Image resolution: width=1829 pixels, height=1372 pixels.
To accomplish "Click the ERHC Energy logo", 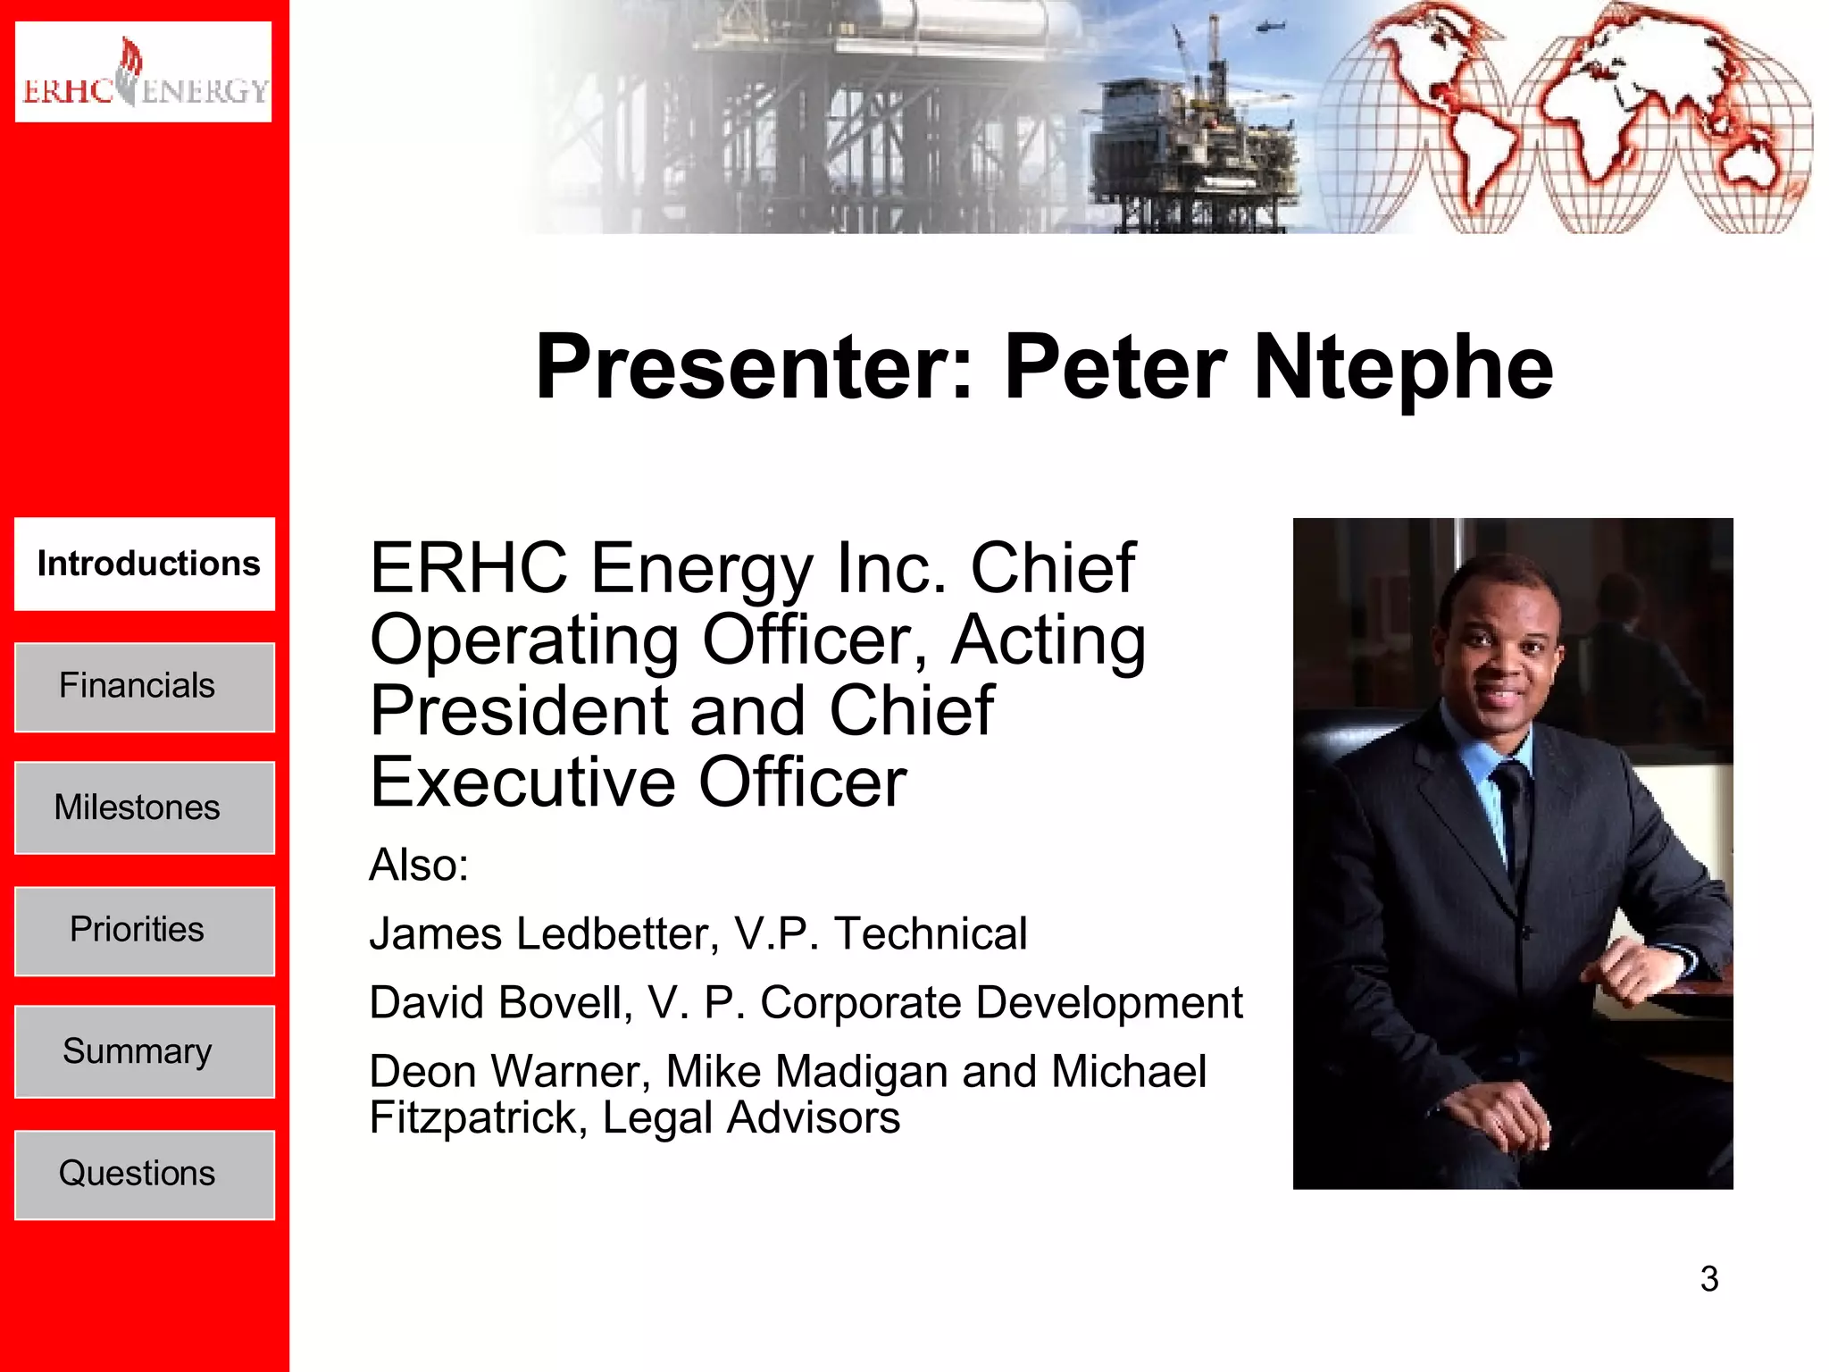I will (x=143, y=71).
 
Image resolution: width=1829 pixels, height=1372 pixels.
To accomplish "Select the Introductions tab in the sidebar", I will (x=145, y=564).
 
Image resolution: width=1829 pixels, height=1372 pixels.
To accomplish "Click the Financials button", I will (x=145, y=686).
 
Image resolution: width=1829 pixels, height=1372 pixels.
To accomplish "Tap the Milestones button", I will (x=145, y=807).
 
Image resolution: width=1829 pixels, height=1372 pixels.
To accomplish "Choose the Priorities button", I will (x=145, y=930).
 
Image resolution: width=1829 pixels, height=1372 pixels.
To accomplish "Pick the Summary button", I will (x=145, y=1051).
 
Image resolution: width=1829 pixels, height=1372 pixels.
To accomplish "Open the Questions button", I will (x=145, y=1174).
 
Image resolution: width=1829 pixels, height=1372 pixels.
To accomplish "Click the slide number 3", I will (x=1709, y=1279).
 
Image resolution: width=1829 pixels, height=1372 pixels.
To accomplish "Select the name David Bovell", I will (x=500, y=1003).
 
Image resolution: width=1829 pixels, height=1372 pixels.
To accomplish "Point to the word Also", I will (x=418, y=865).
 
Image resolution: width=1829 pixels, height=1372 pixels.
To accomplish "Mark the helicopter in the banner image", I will (x=1268, y=27).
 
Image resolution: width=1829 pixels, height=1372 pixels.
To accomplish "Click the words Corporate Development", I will (x=1001, y=1003).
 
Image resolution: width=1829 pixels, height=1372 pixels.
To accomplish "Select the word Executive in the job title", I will (x=522, y=782).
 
